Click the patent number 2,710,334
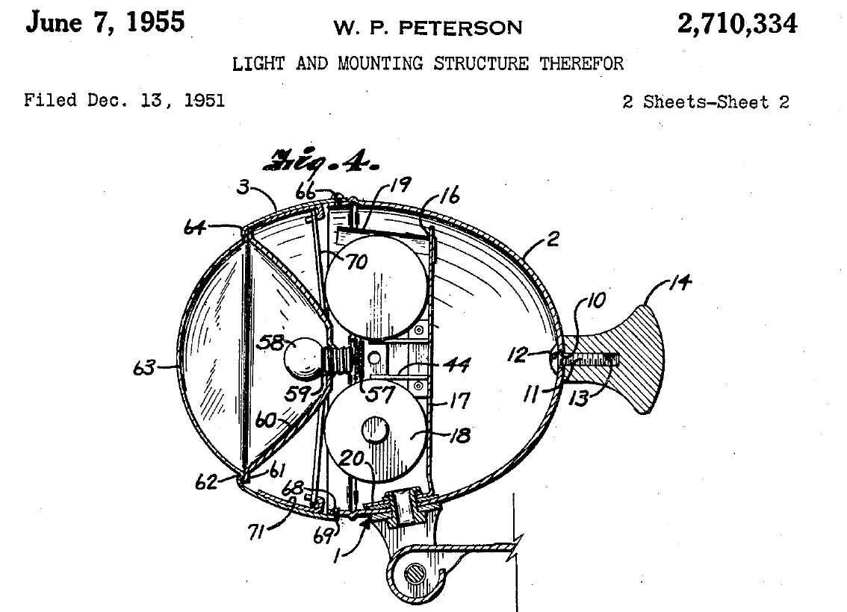736,25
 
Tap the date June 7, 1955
105,22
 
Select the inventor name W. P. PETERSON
428,27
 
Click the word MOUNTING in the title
380,63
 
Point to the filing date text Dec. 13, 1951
155,100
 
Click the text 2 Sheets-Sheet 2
706,102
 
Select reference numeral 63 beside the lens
144,368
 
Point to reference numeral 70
356,262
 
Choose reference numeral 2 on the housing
553,239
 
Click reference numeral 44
456,366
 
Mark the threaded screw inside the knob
589,359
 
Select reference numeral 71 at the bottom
256,533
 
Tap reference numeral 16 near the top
450,196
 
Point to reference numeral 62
206,481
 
